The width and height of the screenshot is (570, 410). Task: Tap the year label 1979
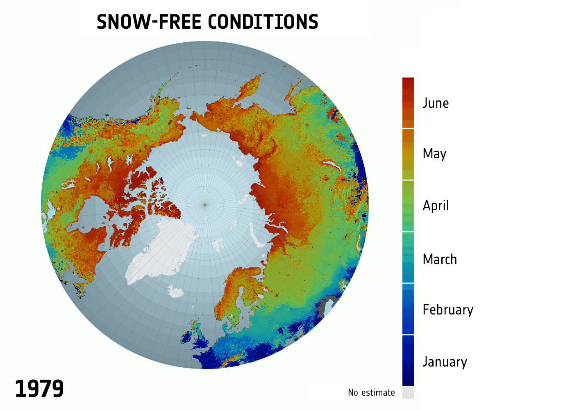(x=39, y=389)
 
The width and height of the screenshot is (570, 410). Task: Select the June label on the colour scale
(x=436, y=103)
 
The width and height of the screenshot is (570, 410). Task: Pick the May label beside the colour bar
(x=434, y=154)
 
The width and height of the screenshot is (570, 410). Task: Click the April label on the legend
(x=436, y=205)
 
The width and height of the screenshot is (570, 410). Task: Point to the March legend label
(x=440, y=259)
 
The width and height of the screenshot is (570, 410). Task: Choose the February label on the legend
(x=448, y=310)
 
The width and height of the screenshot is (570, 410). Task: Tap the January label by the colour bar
(x=445, y=362)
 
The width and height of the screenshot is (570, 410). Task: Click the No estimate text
(x=371, y=392)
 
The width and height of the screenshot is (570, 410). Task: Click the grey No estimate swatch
(x=408, y=393)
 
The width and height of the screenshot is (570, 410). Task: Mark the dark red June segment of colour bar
(x=408, y=102)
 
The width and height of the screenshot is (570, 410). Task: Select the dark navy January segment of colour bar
(x=408, y=361)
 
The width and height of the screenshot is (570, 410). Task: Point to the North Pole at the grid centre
(x=205, y=204)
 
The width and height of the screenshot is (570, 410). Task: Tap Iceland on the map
(x=176, y=292)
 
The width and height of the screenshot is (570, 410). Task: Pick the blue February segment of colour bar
(x=408, y=309)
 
